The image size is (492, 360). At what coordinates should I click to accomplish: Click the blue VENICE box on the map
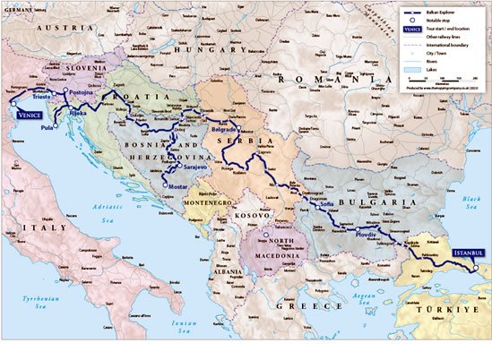pyautogui.click(x=23, y=114)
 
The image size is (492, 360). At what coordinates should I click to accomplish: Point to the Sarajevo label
pyautogui.click(x=194, y=167)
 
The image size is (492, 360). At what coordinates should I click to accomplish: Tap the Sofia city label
pyautogui.click(x=326, y=205)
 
